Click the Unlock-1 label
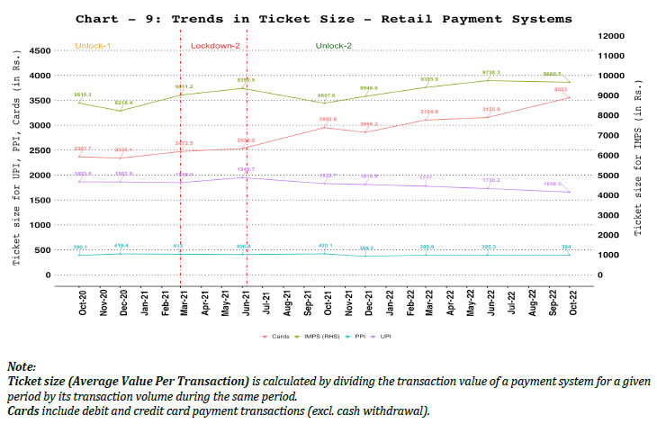(x=94, y=45)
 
